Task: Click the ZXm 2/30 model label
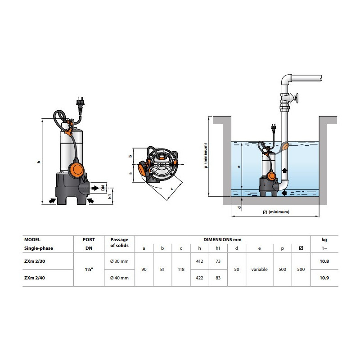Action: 35,261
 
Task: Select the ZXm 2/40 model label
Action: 35,278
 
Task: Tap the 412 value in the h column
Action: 199,261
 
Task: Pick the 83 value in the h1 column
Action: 218,278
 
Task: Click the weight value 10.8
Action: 324,261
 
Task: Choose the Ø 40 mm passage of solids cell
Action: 119,278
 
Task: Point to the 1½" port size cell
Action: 89,269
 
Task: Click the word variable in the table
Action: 260,269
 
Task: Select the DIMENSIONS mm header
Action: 222,240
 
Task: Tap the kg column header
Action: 324,240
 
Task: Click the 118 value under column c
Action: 181,269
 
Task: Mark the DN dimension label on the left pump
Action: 103,188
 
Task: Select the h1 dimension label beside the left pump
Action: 110,196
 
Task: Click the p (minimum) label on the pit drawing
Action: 206,156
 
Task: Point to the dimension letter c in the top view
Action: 172,189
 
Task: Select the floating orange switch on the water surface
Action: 285,147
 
